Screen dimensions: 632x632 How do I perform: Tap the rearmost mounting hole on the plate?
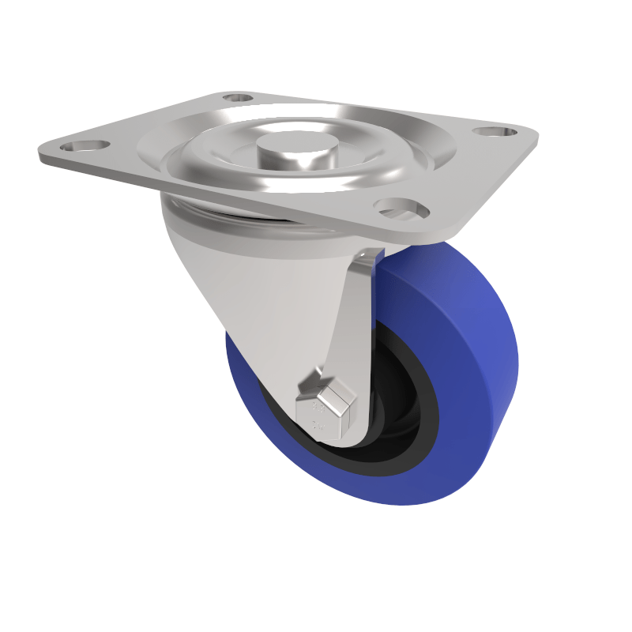click(236, 99)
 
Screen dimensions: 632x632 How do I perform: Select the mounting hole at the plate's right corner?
click(495, 131)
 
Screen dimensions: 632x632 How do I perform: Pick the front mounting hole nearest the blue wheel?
click(401, 209)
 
